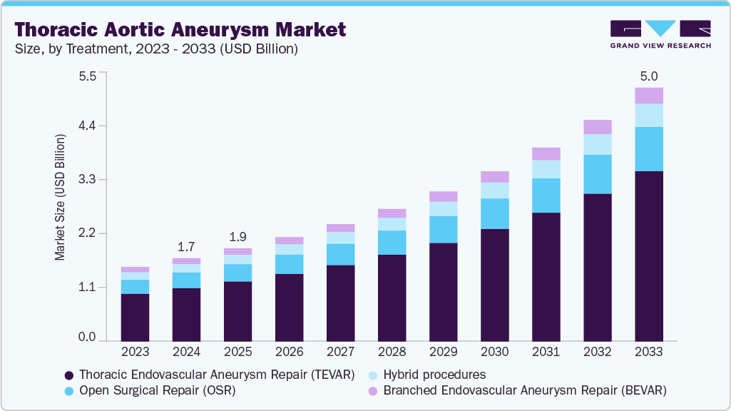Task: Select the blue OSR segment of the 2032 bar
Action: (598, 174)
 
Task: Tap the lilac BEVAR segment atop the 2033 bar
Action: (649, 96)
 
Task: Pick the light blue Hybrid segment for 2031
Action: (546, 169)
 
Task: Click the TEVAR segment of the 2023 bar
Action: (135, 317)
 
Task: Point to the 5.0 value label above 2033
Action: (649, 76)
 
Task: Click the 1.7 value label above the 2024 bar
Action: (186, 247)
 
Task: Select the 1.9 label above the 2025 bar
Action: (237, 237)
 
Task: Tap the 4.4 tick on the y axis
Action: (87, 126)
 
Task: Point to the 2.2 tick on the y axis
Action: (87, 233)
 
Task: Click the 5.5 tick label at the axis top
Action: (87, 76)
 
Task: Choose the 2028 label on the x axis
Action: (392, 352)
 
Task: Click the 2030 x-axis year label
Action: (494, 352)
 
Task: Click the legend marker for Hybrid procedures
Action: (373, 375)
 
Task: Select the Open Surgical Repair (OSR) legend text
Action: (157, 390)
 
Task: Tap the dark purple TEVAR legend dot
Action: (68, 375)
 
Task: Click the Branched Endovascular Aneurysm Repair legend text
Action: (524, 390)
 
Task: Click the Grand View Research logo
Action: (660, 34)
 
